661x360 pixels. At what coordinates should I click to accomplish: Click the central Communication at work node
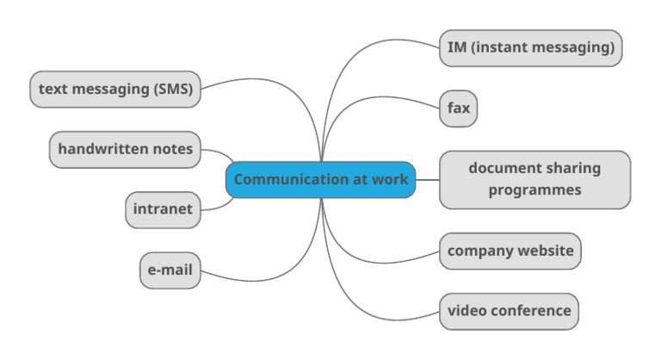[320, 180]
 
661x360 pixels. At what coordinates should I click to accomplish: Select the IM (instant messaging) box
[530, 47]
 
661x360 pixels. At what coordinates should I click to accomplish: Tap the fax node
[458, 109]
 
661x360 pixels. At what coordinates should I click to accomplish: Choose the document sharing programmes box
[534, 179]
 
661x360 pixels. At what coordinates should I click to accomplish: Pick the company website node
[510, 251]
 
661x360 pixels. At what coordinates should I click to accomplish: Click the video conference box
[509, 311]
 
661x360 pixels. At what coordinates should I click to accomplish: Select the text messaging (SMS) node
[115, 89]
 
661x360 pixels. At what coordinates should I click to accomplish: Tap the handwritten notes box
[125, 149]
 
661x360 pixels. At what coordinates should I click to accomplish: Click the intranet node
[163, 209]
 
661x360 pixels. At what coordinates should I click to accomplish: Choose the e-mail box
[170, 270]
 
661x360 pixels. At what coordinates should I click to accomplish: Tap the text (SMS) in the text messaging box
[173, 89]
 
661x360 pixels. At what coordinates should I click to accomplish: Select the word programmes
[534, 189]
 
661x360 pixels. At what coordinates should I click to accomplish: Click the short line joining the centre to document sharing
[428, 180]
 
